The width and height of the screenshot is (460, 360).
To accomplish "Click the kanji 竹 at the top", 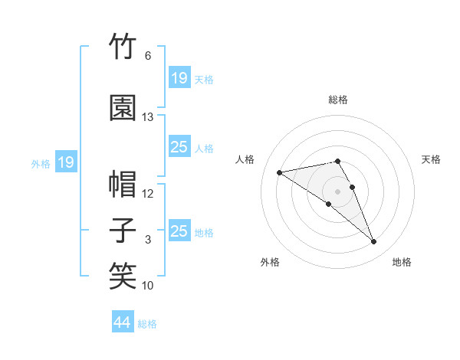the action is pos(123,46).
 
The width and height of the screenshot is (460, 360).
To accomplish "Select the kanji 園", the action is pos(123,107).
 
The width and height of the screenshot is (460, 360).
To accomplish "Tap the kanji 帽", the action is pos(123,184).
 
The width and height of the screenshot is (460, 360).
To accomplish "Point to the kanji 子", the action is pos(123,230).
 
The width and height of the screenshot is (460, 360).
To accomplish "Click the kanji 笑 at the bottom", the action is pos(123,276).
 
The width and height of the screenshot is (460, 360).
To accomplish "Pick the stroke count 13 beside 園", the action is pos(147,117).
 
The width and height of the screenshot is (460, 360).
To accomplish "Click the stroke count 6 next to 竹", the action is pos(148,56).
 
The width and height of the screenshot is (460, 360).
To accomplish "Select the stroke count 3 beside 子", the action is pos(148,240).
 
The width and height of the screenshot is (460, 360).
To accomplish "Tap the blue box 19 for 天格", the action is pos(179,77).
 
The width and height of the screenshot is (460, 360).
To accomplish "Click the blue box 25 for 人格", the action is pos(179,146).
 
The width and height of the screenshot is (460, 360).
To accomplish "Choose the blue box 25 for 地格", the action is pos(179,230).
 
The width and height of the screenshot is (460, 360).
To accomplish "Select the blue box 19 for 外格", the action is pos(66,162).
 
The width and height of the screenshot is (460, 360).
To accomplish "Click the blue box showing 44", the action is pos(123,321).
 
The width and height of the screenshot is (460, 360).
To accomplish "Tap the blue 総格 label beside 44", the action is pos(147,324).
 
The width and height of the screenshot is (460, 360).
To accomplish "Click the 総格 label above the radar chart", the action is pos(338,100).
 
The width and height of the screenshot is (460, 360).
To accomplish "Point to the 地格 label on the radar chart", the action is pos(402,262).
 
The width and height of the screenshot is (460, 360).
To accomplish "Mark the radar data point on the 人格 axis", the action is pos(279,172).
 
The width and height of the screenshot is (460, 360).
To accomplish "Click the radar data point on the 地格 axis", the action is pos(374,241).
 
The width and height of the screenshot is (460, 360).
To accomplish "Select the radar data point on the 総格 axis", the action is pos(337,162).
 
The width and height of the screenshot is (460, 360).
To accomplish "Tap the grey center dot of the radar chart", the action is pos(337,191).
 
